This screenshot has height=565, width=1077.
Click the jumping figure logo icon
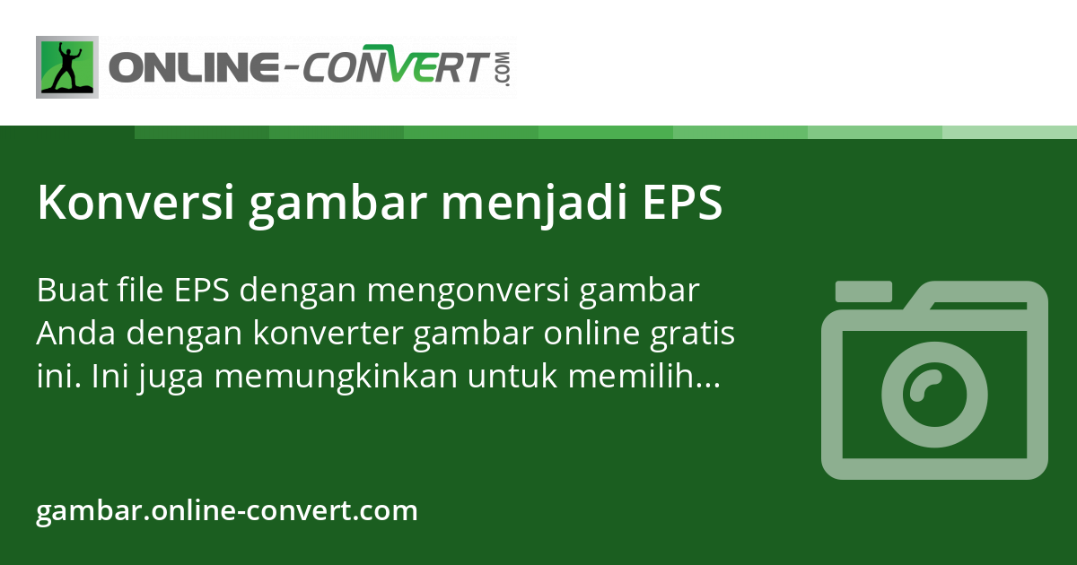coord(67,67)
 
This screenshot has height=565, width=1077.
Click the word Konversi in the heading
coord(132,204)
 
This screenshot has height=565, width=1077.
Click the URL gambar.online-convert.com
coord(227,511)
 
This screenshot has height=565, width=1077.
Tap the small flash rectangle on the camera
coord(863,291)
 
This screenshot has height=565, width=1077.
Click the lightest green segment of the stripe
coord(1010,132)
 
